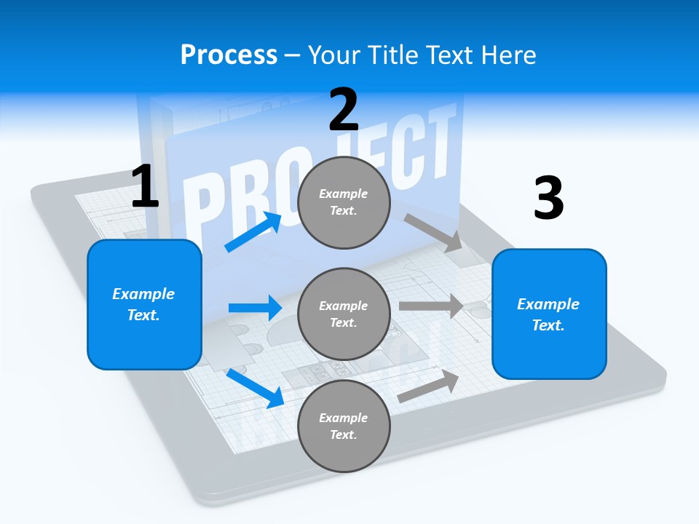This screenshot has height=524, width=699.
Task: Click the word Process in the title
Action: pos(229,55)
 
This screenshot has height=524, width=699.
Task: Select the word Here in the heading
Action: pos(510,55)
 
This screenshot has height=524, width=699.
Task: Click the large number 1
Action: pos(145,187)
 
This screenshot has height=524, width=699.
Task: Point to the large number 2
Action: pos(344,109)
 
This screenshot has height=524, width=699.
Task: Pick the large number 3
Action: pos(548,199)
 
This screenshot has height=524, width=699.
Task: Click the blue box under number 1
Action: pos(144,304)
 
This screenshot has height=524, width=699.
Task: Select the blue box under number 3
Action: pos(549,314)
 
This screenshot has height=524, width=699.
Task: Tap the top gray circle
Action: pos(344,202)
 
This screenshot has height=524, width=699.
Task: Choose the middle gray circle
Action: pos(344,314)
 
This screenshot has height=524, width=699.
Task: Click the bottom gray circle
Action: pos(344,426)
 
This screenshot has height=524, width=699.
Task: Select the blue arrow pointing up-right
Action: pos(253,232)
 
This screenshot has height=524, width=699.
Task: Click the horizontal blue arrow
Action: pos(255,308)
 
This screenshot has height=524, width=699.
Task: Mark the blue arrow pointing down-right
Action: pos(255,387)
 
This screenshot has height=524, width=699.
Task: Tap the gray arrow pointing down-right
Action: pos(434,233)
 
